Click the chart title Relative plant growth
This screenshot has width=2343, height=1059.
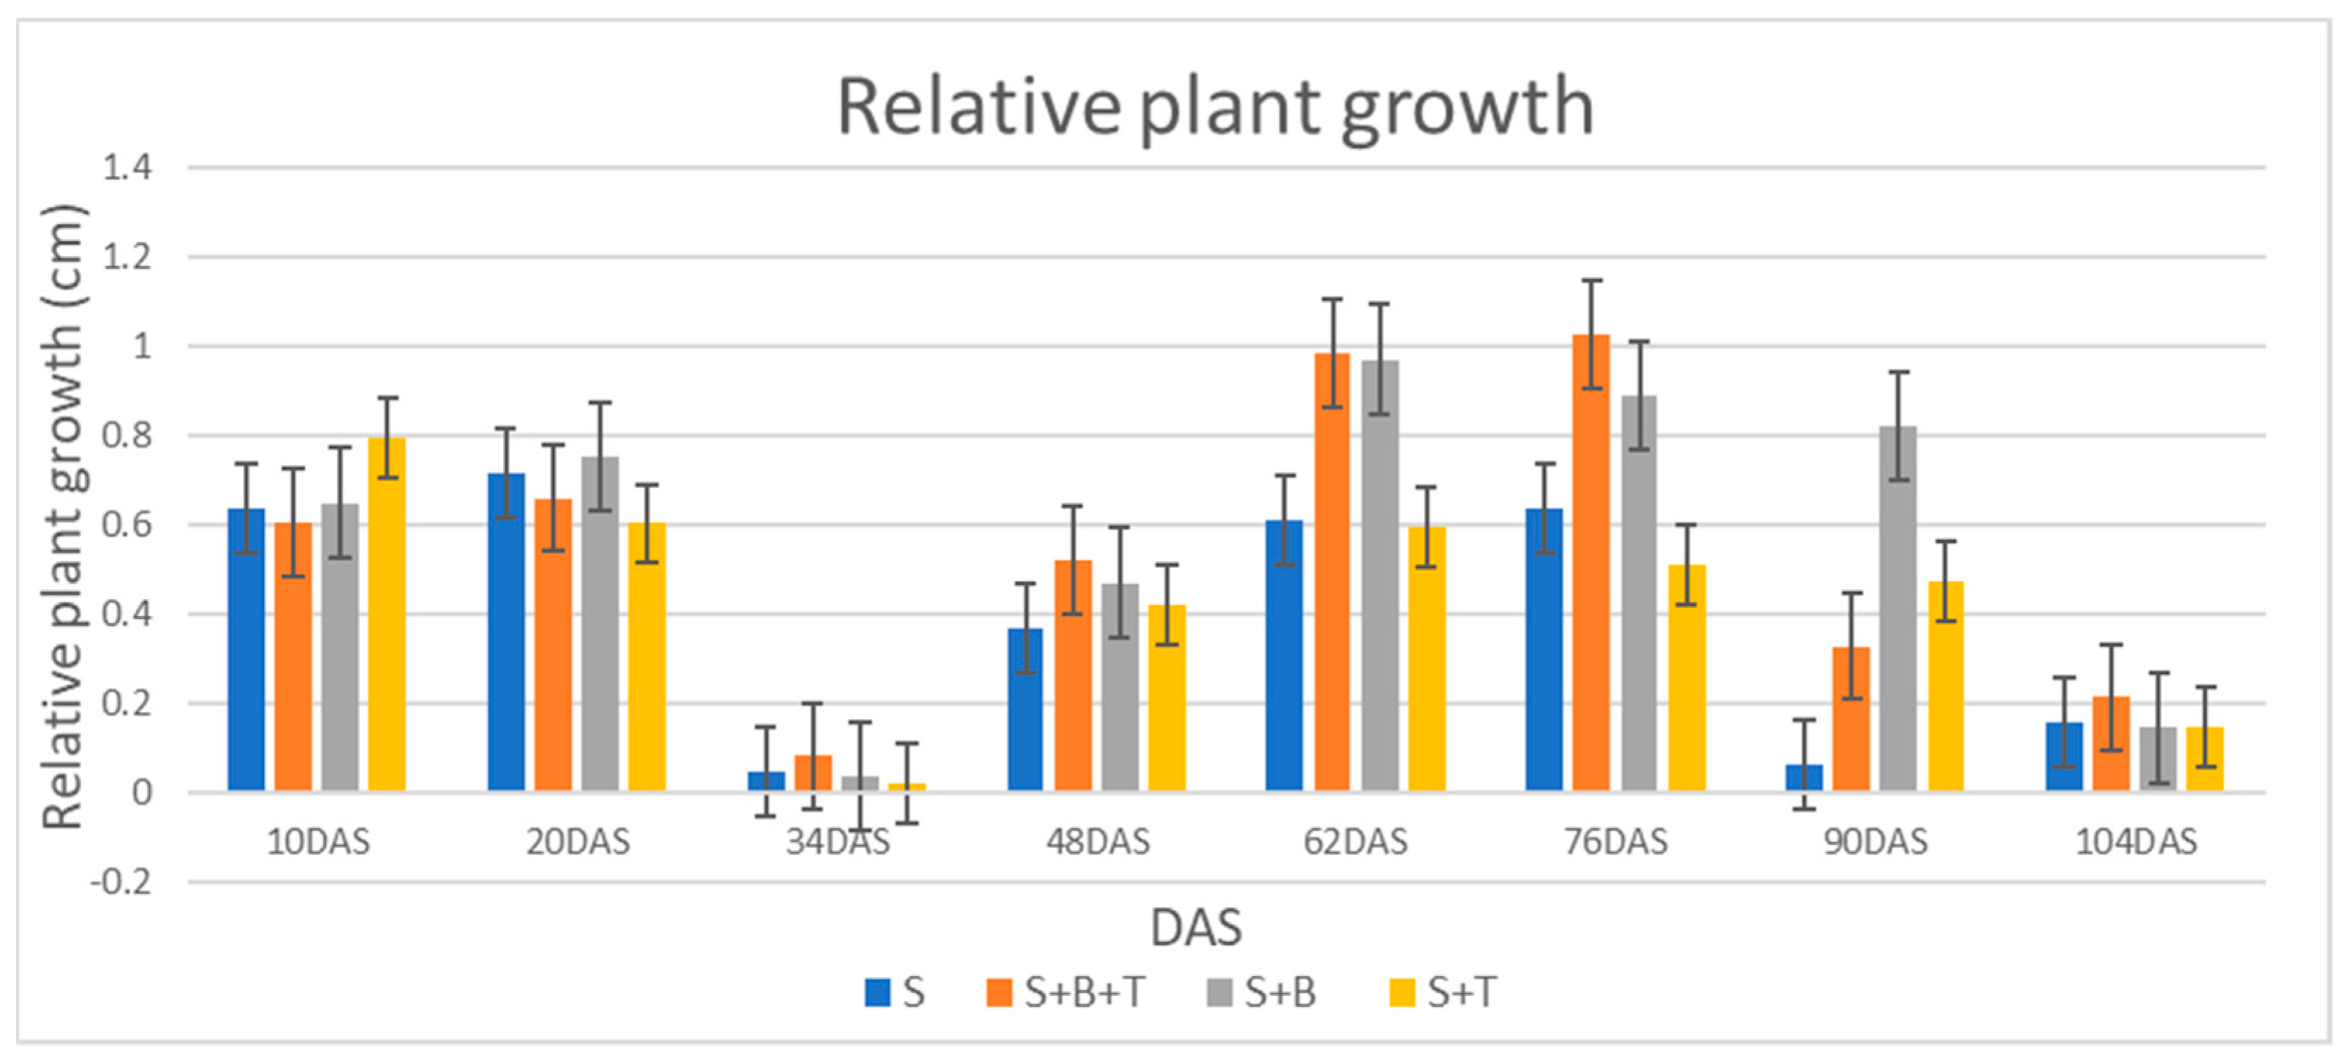pyautogui.click(x=1214, y=107)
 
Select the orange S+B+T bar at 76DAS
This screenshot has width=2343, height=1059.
pyautogui.click(x=1591, y=564)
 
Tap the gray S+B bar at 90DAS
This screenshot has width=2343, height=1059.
pyautogui.click(x=1898, y=610)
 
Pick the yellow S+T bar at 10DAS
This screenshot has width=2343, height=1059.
pyautogui.click(x=386, y=615)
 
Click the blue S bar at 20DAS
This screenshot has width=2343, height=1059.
pyautogui.click(x=506, y=632)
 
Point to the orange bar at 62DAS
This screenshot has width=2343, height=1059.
pyautogui.click(x=1332, y=573)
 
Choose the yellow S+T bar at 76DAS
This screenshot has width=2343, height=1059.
pyautogui.click(x=1686, y=678)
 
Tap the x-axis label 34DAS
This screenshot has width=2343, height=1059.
pyautogui.click(x=838, y=842)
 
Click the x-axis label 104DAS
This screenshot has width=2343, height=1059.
pyautogui.click(x=2135, y=842)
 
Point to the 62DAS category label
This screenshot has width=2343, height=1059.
pyautogui.click(x=1356, y=842)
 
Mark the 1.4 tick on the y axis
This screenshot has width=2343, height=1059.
pyautogui.click(x=127, y=168)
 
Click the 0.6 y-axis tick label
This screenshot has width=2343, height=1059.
pyautogui.click(x=127, y=525)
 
